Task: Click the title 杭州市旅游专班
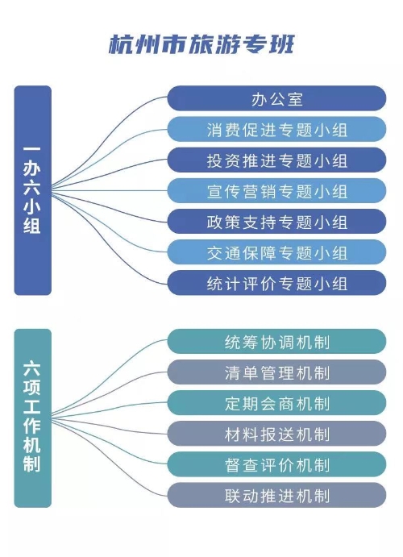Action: coord(201,44)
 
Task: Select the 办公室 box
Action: coord(276,98)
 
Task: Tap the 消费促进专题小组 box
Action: coord(276,129)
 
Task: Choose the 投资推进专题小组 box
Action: coord(276,160)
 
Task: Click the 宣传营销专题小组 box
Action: coord(276,191)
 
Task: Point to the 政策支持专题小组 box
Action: coord(276,222)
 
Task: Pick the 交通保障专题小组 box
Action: coord(276,252)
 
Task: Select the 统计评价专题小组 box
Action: coord(276,283)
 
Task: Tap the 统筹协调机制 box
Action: coord(276,342)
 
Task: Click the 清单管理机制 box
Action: coord(276,372)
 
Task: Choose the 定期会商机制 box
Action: coord(276,403)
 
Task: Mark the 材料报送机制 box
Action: coord(276,434)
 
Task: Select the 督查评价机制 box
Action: coord(276,464)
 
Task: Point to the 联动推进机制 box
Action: coord(276,495)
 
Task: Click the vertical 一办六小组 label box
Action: coord(33,190)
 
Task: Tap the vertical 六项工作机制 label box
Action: coord(33,418)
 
